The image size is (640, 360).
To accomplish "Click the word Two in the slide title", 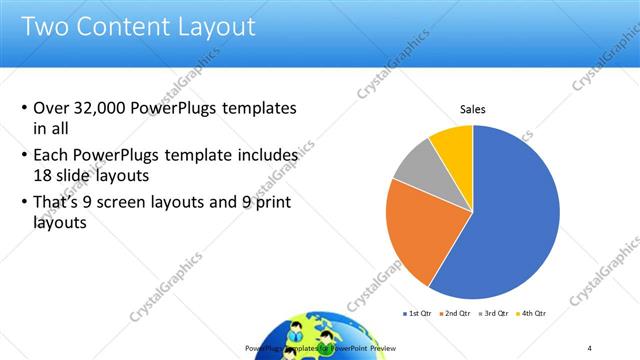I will point(45,25).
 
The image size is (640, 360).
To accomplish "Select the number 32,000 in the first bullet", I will point(103,108).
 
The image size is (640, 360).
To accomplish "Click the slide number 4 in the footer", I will point(591,347).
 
